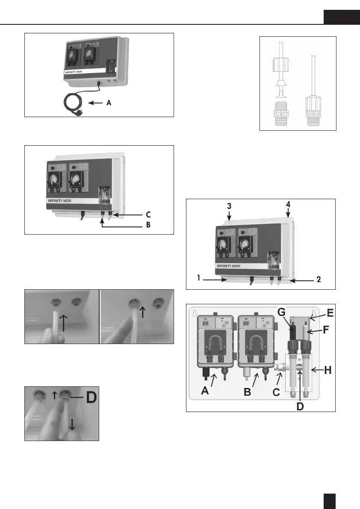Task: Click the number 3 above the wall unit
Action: [x=230, y=206]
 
